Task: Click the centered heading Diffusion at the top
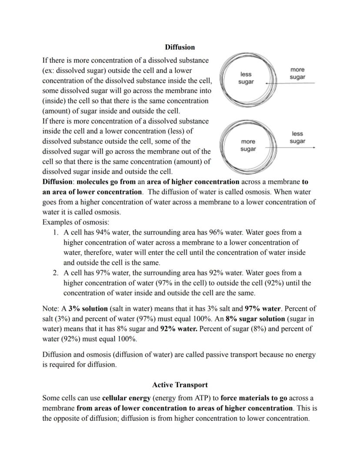click(180, 47)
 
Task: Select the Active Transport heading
click(180, 385)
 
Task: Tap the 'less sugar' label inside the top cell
click(246, 78)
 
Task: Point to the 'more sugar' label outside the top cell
click(297, 74)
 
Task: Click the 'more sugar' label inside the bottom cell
click(248, 145)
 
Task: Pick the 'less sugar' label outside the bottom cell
click(297, 137)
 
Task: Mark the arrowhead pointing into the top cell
click(266, 83)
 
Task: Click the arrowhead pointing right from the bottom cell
click(313, 148)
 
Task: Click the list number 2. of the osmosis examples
click(56, 273)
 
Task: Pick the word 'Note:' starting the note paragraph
click(51, 308)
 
